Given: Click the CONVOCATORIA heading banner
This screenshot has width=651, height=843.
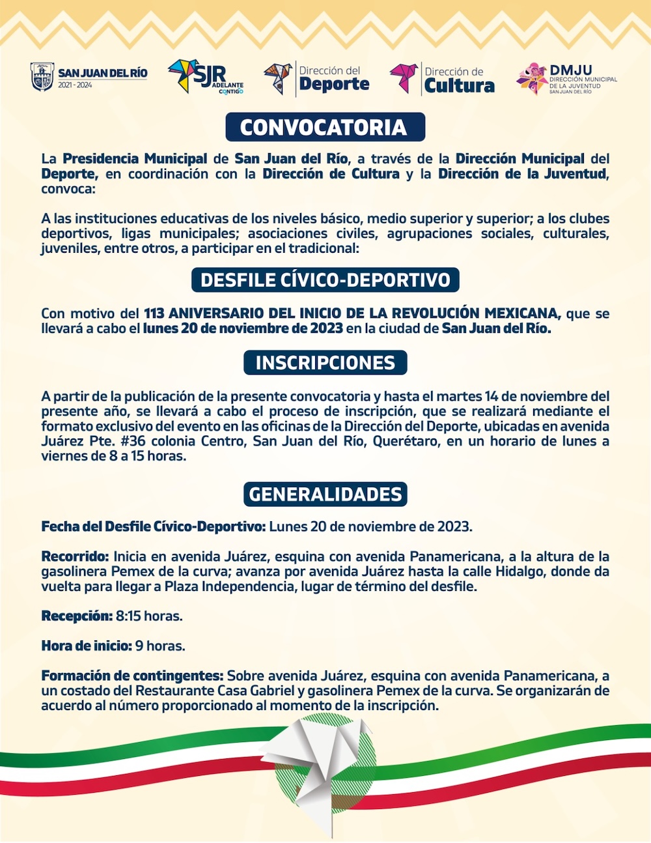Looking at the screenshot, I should pyautogui.click(x=325, y=127).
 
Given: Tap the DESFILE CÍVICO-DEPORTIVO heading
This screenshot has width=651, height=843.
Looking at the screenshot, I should pyautogui.click(x=325, y=280).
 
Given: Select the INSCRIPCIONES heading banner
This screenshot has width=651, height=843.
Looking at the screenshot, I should pyautogui.click(x=325, y=363).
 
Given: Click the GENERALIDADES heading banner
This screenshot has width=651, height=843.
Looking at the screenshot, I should pyautogui.click(x=325, y=494).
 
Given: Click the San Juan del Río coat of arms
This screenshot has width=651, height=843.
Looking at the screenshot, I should pyautogui.click(x=42, y=76).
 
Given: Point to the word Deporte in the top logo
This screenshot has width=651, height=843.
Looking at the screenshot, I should pyautogui.click(x=334, y=84).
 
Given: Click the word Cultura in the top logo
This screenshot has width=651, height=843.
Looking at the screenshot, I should pyautogui.click(x=459, y=85).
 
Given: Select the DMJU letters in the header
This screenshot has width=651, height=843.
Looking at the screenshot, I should pyautogui.click(x=570, y=70).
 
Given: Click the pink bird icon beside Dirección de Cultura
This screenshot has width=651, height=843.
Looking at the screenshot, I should pyautogui.click(x=404, y=78).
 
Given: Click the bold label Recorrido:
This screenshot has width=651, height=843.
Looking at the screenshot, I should pyautogui.click(x=75, y=557).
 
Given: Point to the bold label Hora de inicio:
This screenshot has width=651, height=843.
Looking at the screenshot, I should pyautogui.click(x=86, y=646).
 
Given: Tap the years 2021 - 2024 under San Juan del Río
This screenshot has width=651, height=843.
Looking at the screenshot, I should pyautogui.click(x=75, y=85).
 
